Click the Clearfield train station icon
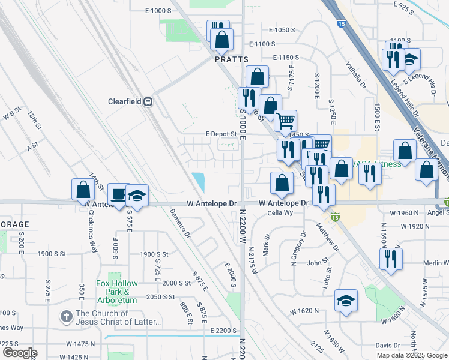(147, 102)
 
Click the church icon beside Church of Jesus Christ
(66, 316)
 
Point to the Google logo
(19, 353)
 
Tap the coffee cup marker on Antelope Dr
(118, 193)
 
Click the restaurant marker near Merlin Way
(391, 259)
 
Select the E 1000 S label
(158, 11)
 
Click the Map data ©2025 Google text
(411, 355)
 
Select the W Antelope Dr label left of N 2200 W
(211, 203)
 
